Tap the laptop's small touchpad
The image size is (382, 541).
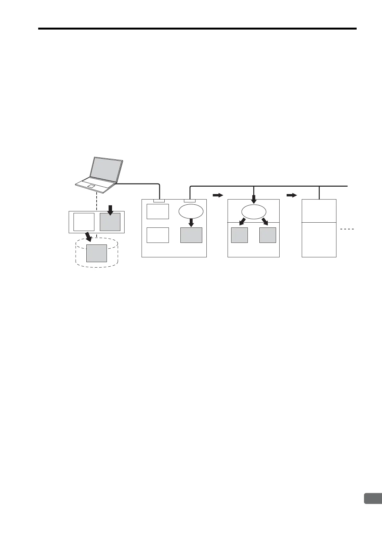[x=91, y=186]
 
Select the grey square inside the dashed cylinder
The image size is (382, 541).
[x=97, y=253]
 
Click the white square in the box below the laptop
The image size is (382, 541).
[x=84, y=222]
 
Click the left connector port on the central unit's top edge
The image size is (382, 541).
[x=159, y=201]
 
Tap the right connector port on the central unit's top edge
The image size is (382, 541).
[x=189, y=201]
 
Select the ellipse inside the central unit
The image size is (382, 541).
[x=191, y=211]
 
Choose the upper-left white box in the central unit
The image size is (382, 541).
[x=158, y=211]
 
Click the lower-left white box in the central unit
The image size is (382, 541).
[x=158, y=235]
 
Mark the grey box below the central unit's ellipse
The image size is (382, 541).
[x=191, y=235]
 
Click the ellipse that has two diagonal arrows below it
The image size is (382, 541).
[x=254, y=212]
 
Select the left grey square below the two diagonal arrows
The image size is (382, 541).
[x=239, y=235]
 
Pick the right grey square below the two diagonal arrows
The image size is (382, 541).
[x=268, y=235]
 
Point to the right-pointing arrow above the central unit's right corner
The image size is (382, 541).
[x=218, y=195]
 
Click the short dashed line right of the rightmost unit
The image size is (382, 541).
[x=347, y=229]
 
